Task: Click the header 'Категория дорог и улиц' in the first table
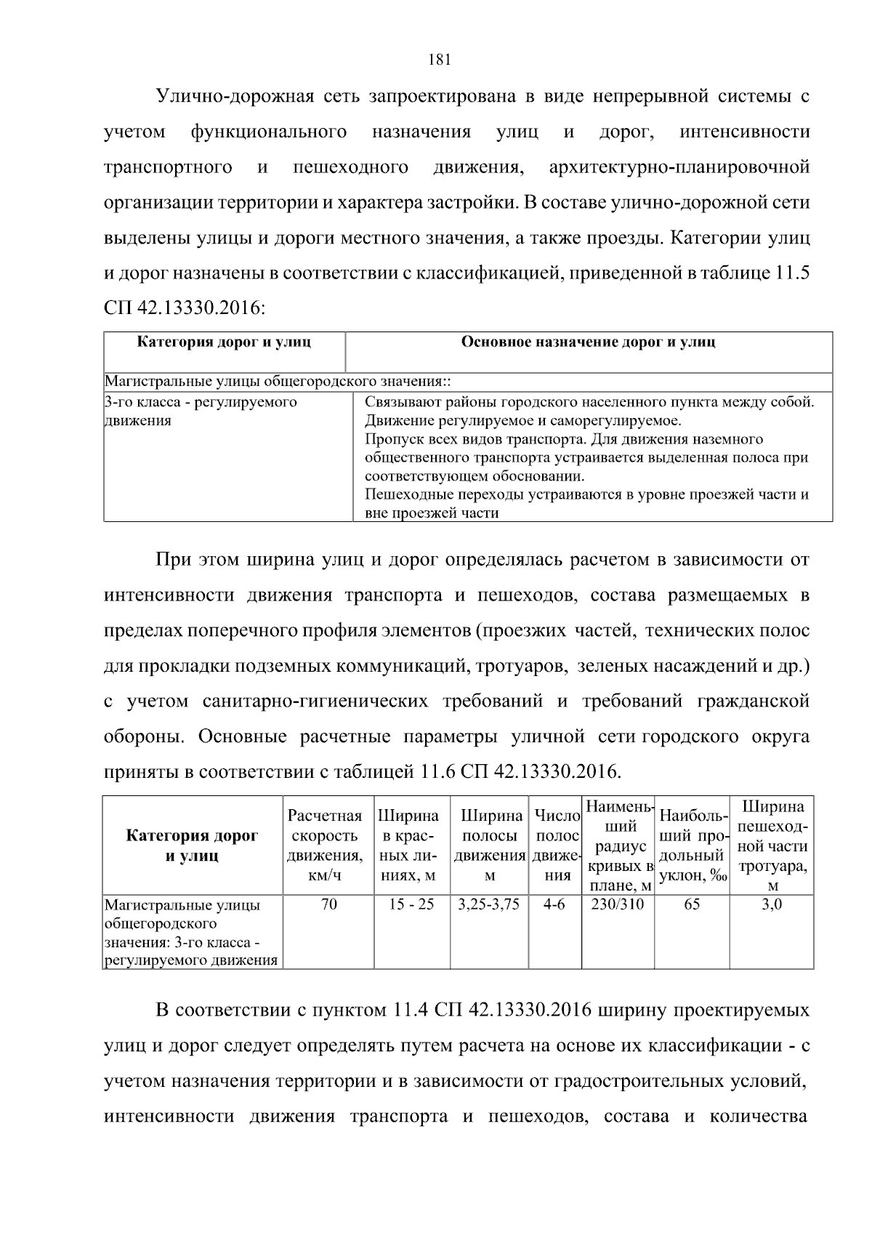click(x=224, y=342)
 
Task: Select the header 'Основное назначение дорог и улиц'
click(x=588, y=342)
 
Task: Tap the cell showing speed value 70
click(x=328, y=905)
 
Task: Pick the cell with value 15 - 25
click(x=411, y=905)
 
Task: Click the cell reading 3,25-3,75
click(x=489, y=905)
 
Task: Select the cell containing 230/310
click(x=618, y=905)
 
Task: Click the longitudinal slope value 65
click(x=692, y=905)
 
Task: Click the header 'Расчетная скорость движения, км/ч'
click(x=325, y=846)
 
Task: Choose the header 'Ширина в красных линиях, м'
click(x=411, y=846)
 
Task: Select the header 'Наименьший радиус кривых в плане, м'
click(x=619, y=846)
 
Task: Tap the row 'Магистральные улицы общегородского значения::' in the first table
click(x=279, y=381)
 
